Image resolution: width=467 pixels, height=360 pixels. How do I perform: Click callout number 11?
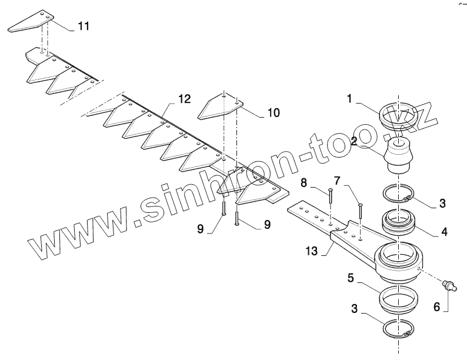84,26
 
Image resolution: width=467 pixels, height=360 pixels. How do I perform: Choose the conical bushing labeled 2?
399,155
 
